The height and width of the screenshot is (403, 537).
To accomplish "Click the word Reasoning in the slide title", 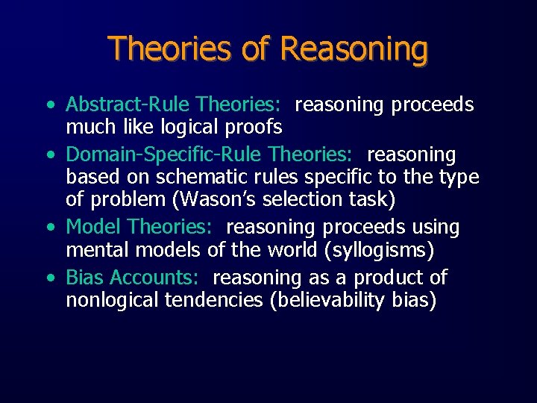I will [354, 49].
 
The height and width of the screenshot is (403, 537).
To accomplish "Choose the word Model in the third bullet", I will [93, 226].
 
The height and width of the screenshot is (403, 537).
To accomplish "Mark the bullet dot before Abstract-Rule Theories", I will [48, 105].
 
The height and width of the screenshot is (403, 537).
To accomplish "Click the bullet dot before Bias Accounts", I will [48, 278].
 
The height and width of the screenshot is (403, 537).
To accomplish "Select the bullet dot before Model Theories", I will [48, 227].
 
